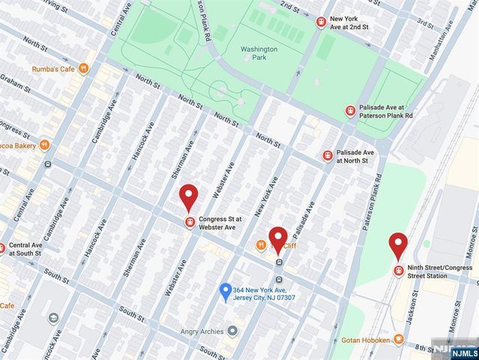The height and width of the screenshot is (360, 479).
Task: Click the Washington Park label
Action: coord(259,54)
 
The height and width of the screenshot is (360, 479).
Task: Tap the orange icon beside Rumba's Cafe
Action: coord(84,68)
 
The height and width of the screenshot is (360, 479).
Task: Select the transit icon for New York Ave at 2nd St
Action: coord(321,22)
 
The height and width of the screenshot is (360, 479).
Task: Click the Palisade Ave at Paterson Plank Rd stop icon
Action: coord(349,111)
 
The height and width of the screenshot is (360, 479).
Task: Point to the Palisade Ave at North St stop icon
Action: coord(327,155)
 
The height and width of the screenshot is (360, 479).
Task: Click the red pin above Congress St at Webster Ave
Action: coord(189,199)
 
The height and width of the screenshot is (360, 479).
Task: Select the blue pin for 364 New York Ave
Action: coord(224,290)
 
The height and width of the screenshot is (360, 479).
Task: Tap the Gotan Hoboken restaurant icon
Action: coord(399,340)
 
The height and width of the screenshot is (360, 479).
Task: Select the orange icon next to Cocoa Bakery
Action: coord(45,144)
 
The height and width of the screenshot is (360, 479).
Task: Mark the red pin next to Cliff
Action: coord(278,240)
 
